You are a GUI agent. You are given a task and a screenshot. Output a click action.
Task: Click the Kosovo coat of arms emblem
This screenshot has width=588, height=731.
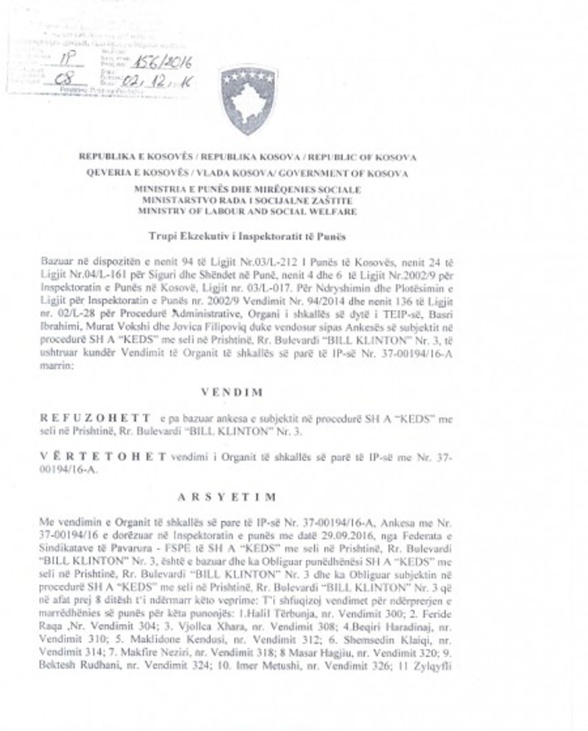tap(247, 99)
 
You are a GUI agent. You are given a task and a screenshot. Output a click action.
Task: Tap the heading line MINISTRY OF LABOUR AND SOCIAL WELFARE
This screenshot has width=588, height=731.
tap(247, 211)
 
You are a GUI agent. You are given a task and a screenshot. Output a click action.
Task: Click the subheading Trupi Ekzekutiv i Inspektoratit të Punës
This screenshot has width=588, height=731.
tap(247, 236)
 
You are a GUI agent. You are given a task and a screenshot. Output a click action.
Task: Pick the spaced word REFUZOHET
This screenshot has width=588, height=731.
tap(96, 417)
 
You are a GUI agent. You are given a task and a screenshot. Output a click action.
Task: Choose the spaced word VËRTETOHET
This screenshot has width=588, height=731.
tap(102, 458)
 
